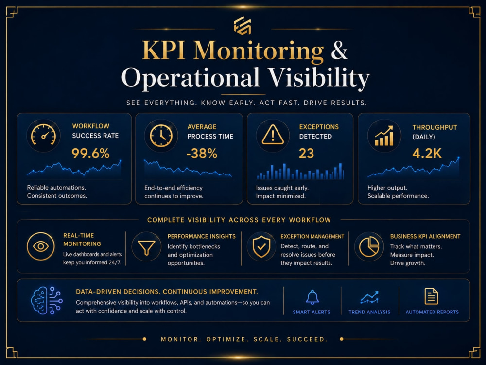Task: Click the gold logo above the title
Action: [243, 25]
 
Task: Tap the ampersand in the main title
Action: [339, 50]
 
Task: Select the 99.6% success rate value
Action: [90, 154]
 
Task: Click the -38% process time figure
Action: [202, 154]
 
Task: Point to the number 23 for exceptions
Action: [306, 154]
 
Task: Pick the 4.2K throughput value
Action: [427, 154]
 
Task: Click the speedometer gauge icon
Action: [43, 136]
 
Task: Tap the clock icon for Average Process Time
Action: [161, 136]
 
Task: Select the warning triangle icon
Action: [273, 135]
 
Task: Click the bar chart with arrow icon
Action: [384, 136]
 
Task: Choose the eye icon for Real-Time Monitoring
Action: [41, 246]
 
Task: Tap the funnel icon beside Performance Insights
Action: [147, 247]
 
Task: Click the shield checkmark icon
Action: [261, 246]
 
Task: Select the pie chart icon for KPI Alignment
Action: [369, 246]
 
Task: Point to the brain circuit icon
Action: [47, 300]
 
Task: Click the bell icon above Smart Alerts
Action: [312, 297]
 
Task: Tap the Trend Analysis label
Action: [369, 312]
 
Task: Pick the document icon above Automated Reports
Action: [431, 296]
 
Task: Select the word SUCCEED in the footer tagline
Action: [307, 339]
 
